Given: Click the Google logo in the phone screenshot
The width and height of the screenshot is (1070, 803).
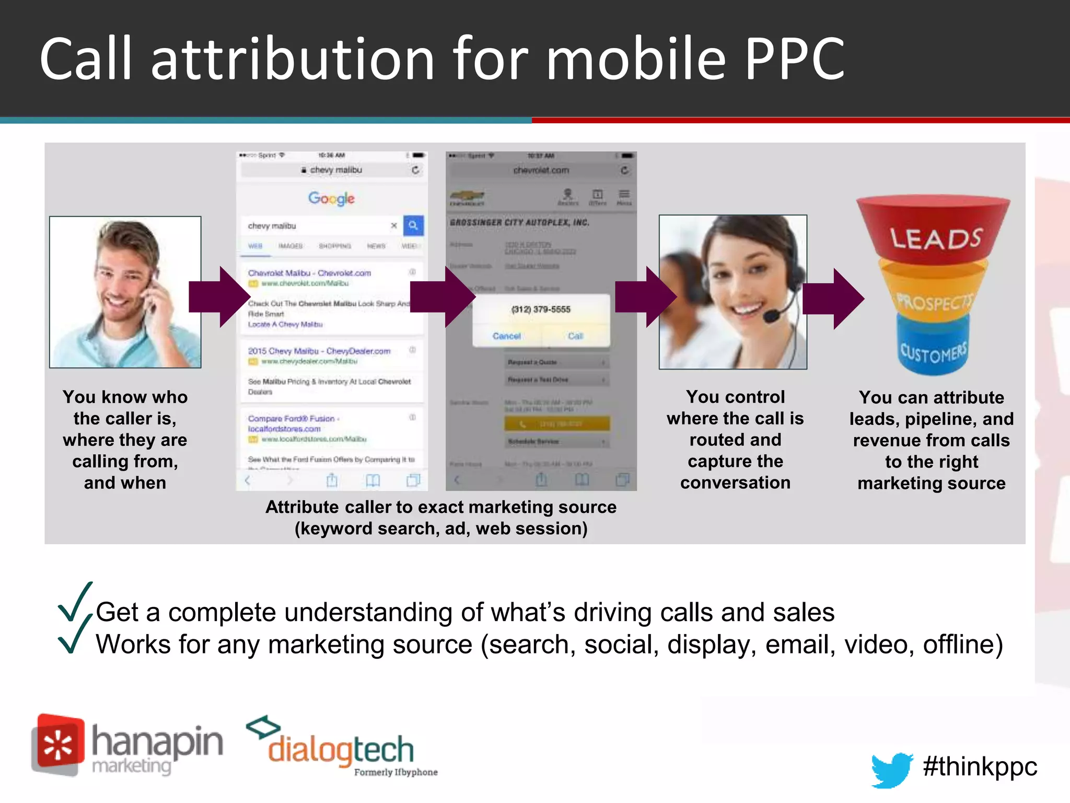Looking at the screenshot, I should point(331,198).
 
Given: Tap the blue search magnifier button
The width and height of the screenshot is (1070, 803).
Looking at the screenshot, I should point(413,225).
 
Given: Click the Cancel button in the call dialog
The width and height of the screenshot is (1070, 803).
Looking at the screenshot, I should point(506,336).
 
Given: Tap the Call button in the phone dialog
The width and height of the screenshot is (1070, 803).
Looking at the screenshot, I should point(575,336).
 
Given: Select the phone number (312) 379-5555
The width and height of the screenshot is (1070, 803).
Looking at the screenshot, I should point(541,309).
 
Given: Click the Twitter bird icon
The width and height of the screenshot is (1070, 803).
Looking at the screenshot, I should point(891,770).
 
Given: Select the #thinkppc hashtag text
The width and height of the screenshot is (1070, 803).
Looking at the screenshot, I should point(980,767).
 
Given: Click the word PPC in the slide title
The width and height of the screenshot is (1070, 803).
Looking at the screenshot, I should point(794,59).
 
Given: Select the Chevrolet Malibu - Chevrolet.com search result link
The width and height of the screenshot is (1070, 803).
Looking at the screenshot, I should point(309,273).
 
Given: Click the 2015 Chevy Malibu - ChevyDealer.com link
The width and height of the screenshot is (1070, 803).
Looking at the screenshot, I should point(319,351).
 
